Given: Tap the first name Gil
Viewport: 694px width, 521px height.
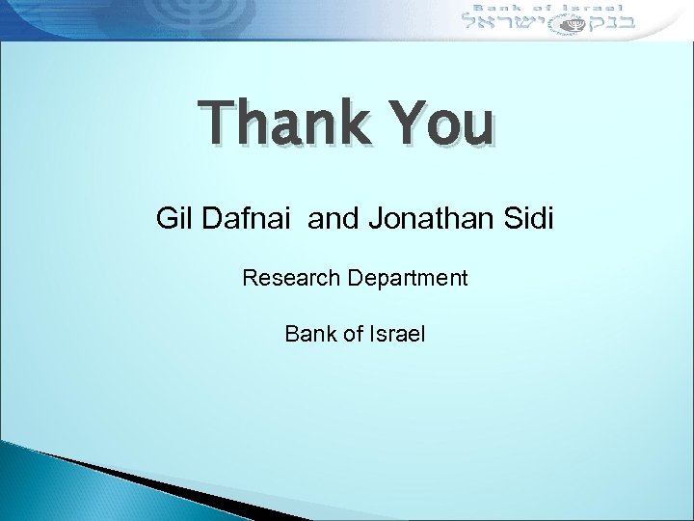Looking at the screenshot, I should click(175, 219).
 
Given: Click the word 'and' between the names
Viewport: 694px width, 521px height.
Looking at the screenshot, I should click(335, 219).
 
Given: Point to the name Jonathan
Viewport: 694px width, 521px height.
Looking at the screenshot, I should click(433, 219).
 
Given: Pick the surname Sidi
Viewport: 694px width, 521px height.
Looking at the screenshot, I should click(528, 219).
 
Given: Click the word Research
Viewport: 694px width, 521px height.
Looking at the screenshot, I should click(291, 279).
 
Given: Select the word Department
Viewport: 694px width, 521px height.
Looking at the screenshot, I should click(409, 279).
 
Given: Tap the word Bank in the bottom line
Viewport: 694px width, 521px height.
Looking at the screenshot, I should click(307, 335).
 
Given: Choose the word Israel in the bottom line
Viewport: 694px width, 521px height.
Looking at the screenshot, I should click(395, 335).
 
